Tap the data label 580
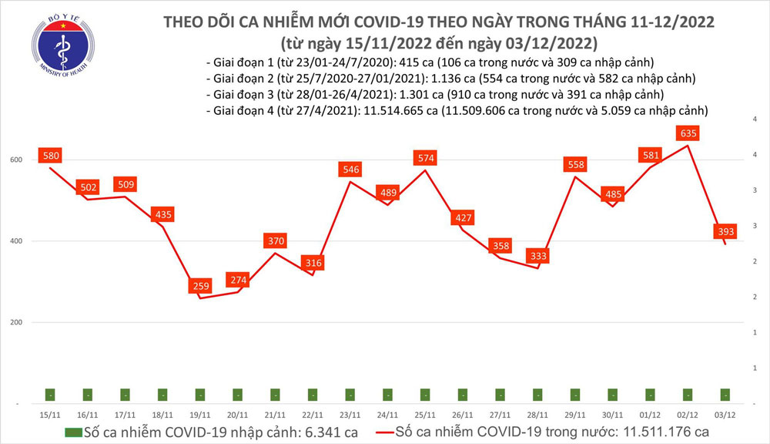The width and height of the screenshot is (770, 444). (x=51, y=156)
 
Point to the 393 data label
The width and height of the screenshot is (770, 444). (x=725, y=231)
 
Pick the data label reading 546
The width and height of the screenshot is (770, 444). (x=351, y=170)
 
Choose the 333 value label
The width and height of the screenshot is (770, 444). (x=538, y=255)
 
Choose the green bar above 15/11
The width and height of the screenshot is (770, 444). (x=51, y=395)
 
